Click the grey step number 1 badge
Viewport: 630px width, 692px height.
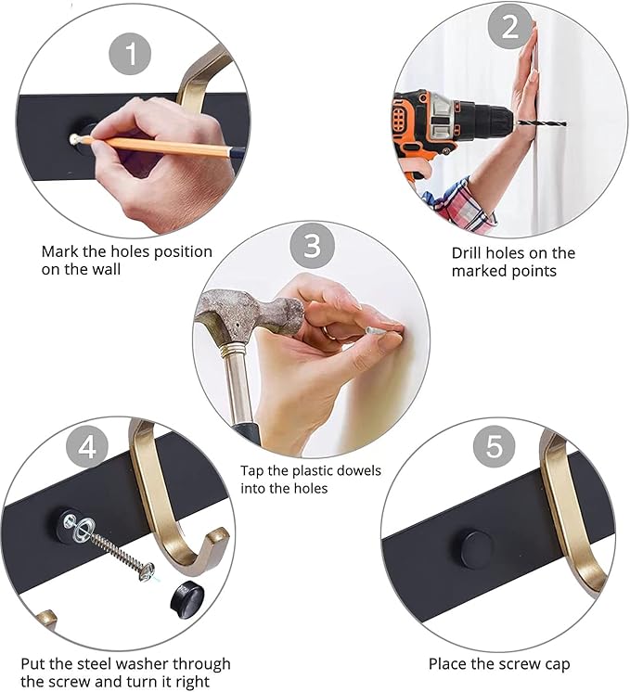click(130, 54)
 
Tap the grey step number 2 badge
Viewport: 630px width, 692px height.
click(509, 27)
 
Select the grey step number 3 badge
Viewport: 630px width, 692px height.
click(312, 246)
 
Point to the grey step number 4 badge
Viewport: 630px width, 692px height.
click(87, 447)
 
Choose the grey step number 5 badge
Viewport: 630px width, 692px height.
click(494, 446)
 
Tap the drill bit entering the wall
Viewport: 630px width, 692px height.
click(542, 123)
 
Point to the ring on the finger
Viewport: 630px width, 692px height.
click(329, 333)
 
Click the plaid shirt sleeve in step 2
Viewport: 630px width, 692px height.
click(459, 204)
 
